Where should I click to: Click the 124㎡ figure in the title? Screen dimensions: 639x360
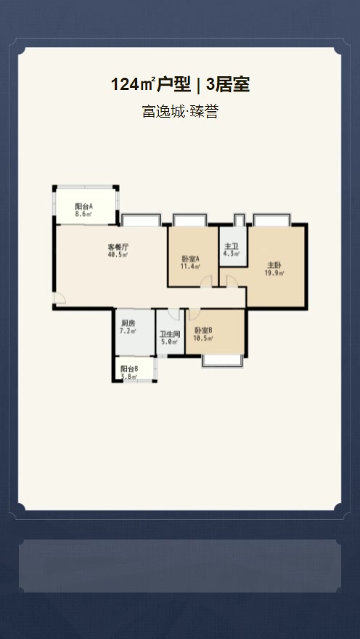point(133,84)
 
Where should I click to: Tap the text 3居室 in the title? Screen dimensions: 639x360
point(228,84)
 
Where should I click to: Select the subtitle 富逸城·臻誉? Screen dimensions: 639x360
point(180,112)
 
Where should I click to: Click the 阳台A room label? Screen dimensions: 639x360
point(84,206)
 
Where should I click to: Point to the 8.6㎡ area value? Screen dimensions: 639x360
point(84,214)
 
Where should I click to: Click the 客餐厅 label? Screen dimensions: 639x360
point(118,247)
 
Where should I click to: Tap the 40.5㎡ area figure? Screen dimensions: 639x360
point(118,255)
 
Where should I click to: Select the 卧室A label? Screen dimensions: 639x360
point(191,259)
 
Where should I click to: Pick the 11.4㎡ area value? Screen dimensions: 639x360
point(191,266)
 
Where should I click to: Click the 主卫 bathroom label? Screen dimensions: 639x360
point(232,246)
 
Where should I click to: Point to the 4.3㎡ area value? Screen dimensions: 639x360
point(232,254)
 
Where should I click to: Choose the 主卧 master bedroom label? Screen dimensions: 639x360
point(274,265)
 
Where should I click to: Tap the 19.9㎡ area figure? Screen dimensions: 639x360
point(274,273)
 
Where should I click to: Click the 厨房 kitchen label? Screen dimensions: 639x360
point(128,323)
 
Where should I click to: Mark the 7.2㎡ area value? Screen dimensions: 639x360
point(128,331)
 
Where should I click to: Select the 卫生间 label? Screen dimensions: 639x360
point(170,334)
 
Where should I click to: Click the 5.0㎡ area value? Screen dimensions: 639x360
point(170,342)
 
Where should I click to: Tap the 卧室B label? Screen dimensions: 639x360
point(203,330)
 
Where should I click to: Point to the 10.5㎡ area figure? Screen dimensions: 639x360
point(203,338)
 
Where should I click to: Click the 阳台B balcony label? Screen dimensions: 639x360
point(129,369)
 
